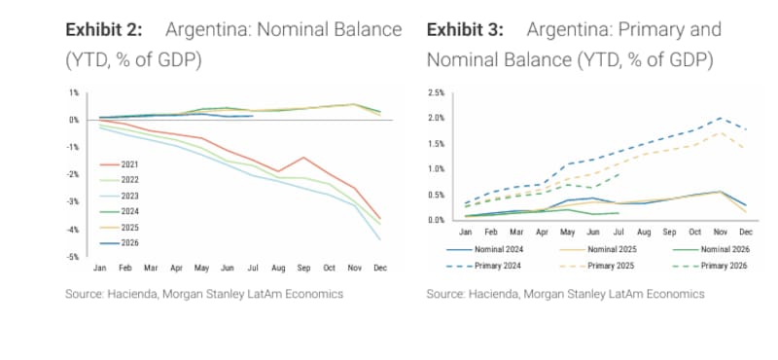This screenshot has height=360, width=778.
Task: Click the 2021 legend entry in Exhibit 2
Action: coord(120,164)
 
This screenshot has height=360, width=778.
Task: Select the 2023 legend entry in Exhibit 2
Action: coord(120,197)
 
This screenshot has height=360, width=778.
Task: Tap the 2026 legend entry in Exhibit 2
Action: coord(120,243)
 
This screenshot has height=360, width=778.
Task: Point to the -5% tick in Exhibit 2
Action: coord(74,257)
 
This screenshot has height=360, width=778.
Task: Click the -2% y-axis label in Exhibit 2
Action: coord(74,174)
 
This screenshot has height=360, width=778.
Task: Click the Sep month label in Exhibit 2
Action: coord(303,269)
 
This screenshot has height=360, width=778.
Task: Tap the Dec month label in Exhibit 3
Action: coord(746,232)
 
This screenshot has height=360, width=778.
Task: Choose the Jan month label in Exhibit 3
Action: coord(465,232)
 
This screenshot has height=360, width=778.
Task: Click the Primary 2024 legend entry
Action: coord(483,267)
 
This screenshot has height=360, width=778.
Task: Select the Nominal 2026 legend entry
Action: coord(711,249)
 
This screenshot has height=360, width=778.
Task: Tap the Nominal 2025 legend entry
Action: coord(597,249)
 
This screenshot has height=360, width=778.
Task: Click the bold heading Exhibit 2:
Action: coord(104,30)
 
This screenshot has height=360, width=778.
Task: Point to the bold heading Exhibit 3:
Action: coord(465,30)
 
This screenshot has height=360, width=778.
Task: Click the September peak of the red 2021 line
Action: coord(303,158)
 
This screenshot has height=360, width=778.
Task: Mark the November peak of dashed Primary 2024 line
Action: coord(721,118)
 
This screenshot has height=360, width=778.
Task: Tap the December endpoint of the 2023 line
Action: coord(380,240)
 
